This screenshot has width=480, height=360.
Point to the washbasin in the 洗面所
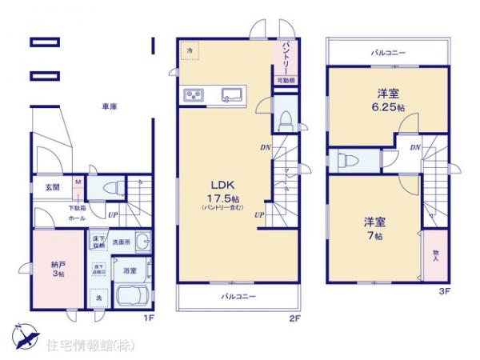pyautogui.click(x=143, y=242)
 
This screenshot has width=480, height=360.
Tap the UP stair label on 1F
pyautogui.click(x=114, y=215)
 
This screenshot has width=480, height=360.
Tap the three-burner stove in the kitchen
pyautogui.click(x=194, y=95)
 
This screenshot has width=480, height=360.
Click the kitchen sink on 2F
pyautogui.click(x=233, y=94)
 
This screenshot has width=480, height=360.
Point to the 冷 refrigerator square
pyautogui.click(x=190, y=50)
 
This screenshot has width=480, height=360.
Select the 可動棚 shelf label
pyautogui.click(x=286, y=80)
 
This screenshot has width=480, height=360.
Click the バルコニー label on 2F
pyautogui.click(x=238, y=297)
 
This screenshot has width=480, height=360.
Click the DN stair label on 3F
pyautogui.click(x=415, y=148)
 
